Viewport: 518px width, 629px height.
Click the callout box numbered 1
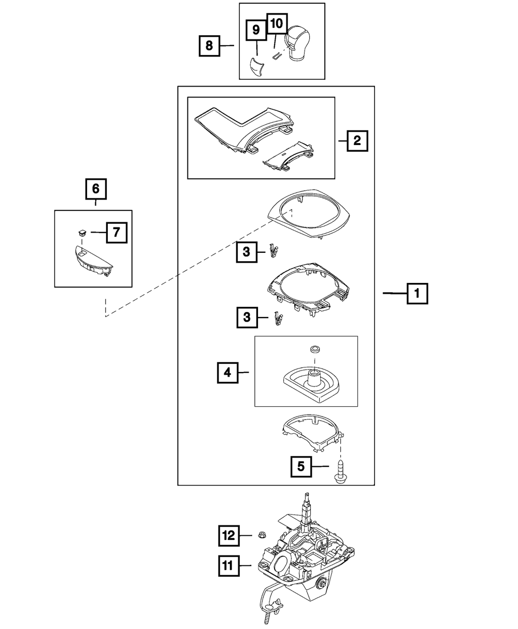coord(417,293)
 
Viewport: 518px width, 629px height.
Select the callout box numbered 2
coord(357,141)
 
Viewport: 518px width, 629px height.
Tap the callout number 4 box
coord(228,373)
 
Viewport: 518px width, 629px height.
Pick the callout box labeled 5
coord(301,466)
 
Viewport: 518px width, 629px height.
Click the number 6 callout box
coord(96,189)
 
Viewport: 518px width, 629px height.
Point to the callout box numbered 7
coord(117,233)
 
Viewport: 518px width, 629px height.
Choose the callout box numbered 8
coord(209,46)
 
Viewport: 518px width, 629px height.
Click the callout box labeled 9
coord(256,30)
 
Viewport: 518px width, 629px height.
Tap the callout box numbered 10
coord(277,23)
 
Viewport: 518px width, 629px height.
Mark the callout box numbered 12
coord(229,535)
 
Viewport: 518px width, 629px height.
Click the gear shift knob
coord(297,44)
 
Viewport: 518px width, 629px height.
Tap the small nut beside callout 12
coord(261,535)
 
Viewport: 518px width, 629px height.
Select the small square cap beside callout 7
coord(82,232)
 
